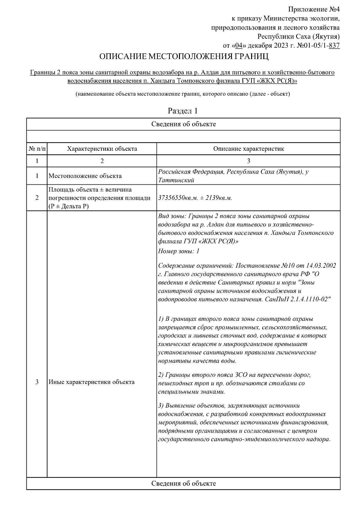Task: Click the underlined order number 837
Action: tap(334, 46)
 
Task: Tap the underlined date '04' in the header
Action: tap(239, 46)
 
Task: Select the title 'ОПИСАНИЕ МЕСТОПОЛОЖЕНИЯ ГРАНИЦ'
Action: tap(184, 57)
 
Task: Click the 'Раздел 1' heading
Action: tap(183, 111)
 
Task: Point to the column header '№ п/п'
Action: tap(37, 149)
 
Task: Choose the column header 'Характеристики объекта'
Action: tap(102, 149)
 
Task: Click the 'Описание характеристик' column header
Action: tap(248, 149)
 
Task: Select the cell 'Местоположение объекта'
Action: tap(85, 176)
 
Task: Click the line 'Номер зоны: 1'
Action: tap(179, 251)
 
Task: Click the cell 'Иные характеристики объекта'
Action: tap(91, 382)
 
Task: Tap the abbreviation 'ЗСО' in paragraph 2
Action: tap(242, 375)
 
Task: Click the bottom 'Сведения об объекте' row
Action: tap(183, 484)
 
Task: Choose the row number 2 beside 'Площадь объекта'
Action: tap(37, 198)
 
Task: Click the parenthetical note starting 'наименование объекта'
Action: tap(183, 94)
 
